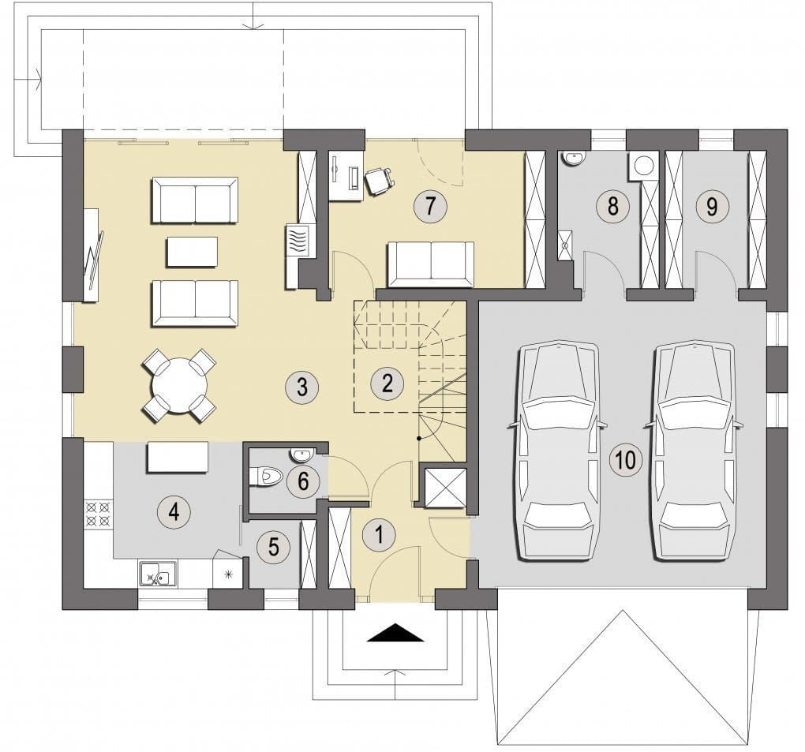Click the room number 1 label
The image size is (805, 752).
(x=380, y=535)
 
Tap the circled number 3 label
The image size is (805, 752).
(x=301, y=386)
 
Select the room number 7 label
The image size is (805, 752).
(x=430, y=206)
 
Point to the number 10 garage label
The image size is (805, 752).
(x=626, y=460)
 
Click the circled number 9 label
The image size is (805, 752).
(x=712, y=207)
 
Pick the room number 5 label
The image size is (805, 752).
(x=274, y=547)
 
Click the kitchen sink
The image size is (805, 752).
(x=158, y=573)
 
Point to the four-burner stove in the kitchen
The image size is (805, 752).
(x=98, y=514)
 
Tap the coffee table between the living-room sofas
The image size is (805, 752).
(x=192, y=252)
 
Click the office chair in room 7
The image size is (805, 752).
(x=378, y=181)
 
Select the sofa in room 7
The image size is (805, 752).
(x=430, y=264)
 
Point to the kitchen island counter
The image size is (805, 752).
(x=178, y=457)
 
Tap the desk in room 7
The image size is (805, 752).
(x=345, y=175)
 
